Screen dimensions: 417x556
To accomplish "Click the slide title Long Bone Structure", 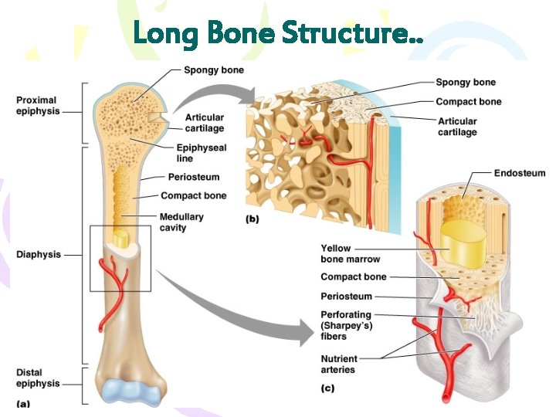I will tap(278, 33).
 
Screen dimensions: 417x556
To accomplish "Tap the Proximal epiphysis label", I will tap(36, 106).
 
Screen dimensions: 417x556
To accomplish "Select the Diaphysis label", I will tap(38, 255).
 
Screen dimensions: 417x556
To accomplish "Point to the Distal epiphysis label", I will tap(36, 378).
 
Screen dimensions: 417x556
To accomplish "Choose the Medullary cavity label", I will tap(181, 222).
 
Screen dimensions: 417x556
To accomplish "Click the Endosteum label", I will tap(519, 174).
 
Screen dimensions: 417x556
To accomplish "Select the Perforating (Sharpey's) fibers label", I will tap(347, 325).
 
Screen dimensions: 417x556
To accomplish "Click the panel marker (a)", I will tap(24, 402).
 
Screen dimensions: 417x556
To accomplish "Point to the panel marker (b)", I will tap(252, 219).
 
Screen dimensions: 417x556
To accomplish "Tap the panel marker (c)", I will tap(328, 388).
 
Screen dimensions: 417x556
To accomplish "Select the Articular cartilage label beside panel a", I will tap(205, 123).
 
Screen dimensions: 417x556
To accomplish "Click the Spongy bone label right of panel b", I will tap(466, 83).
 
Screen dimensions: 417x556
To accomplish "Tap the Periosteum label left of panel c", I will tap(346, 297).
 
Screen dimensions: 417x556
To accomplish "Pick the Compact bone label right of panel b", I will tap(468, 101).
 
